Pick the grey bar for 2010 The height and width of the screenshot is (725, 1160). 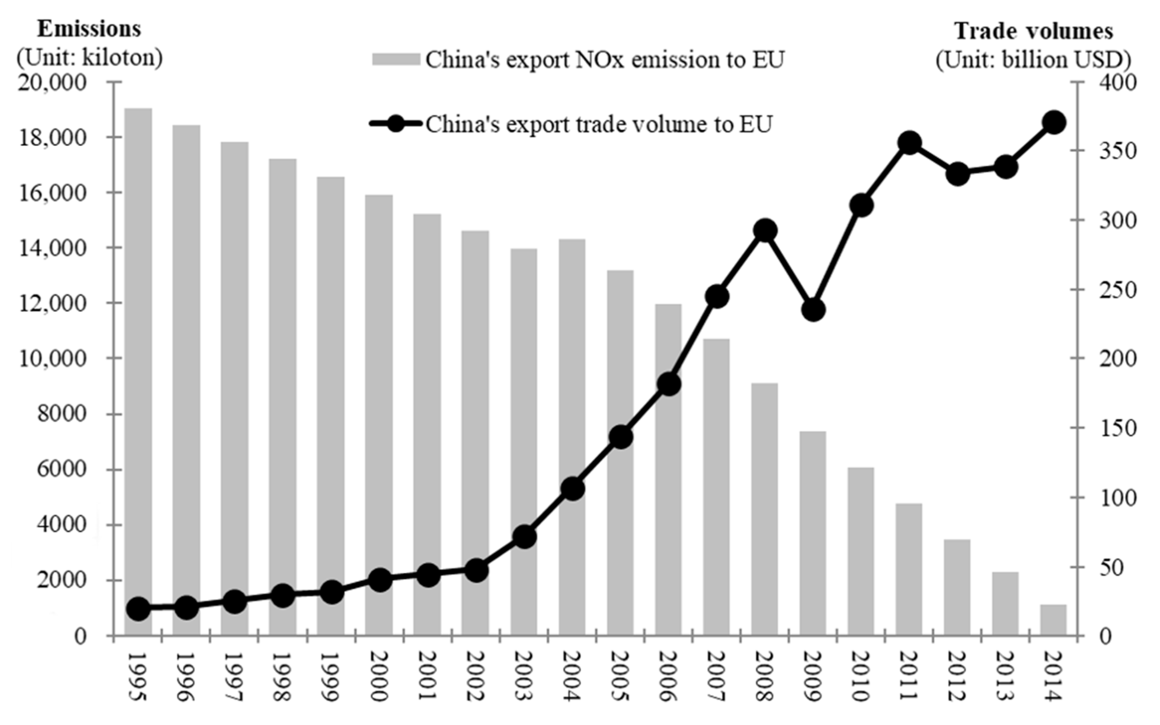861,552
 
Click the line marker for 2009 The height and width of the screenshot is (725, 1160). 813,310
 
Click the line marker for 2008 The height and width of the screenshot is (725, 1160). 765,231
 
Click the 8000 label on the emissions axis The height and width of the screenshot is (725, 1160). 62,414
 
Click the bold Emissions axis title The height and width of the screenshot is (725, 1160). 89,29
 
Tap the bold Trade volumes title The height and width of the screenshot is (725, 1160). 1033,31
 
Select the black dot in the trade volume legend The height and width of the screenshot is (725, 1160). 396,124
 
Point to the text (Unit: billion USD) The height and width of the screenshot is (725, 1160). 1033,60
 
